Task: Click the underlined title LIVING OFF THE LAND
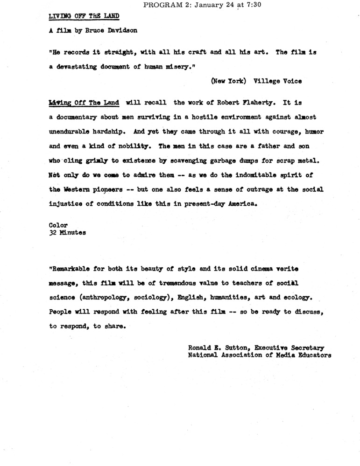pos(84,15)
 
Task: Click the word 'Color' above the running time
pos(58,225)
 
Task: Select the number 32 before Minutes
pos(53,233)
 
